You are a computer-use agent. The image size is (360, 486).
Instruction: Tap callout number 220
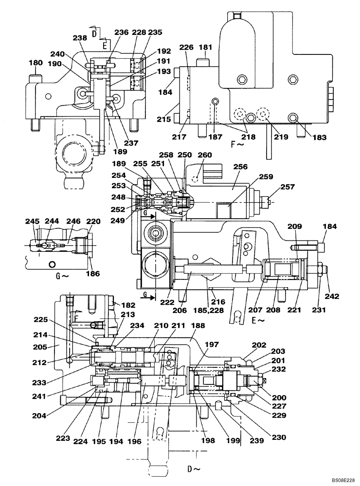point(93,222)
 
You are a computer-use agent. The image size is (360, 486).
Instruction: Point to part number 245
point(33,222)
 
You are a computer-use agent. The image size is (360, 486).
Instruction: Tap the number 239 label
point(242,440)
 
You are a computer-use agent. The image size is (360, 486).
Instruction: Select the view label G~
point(60,280)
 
